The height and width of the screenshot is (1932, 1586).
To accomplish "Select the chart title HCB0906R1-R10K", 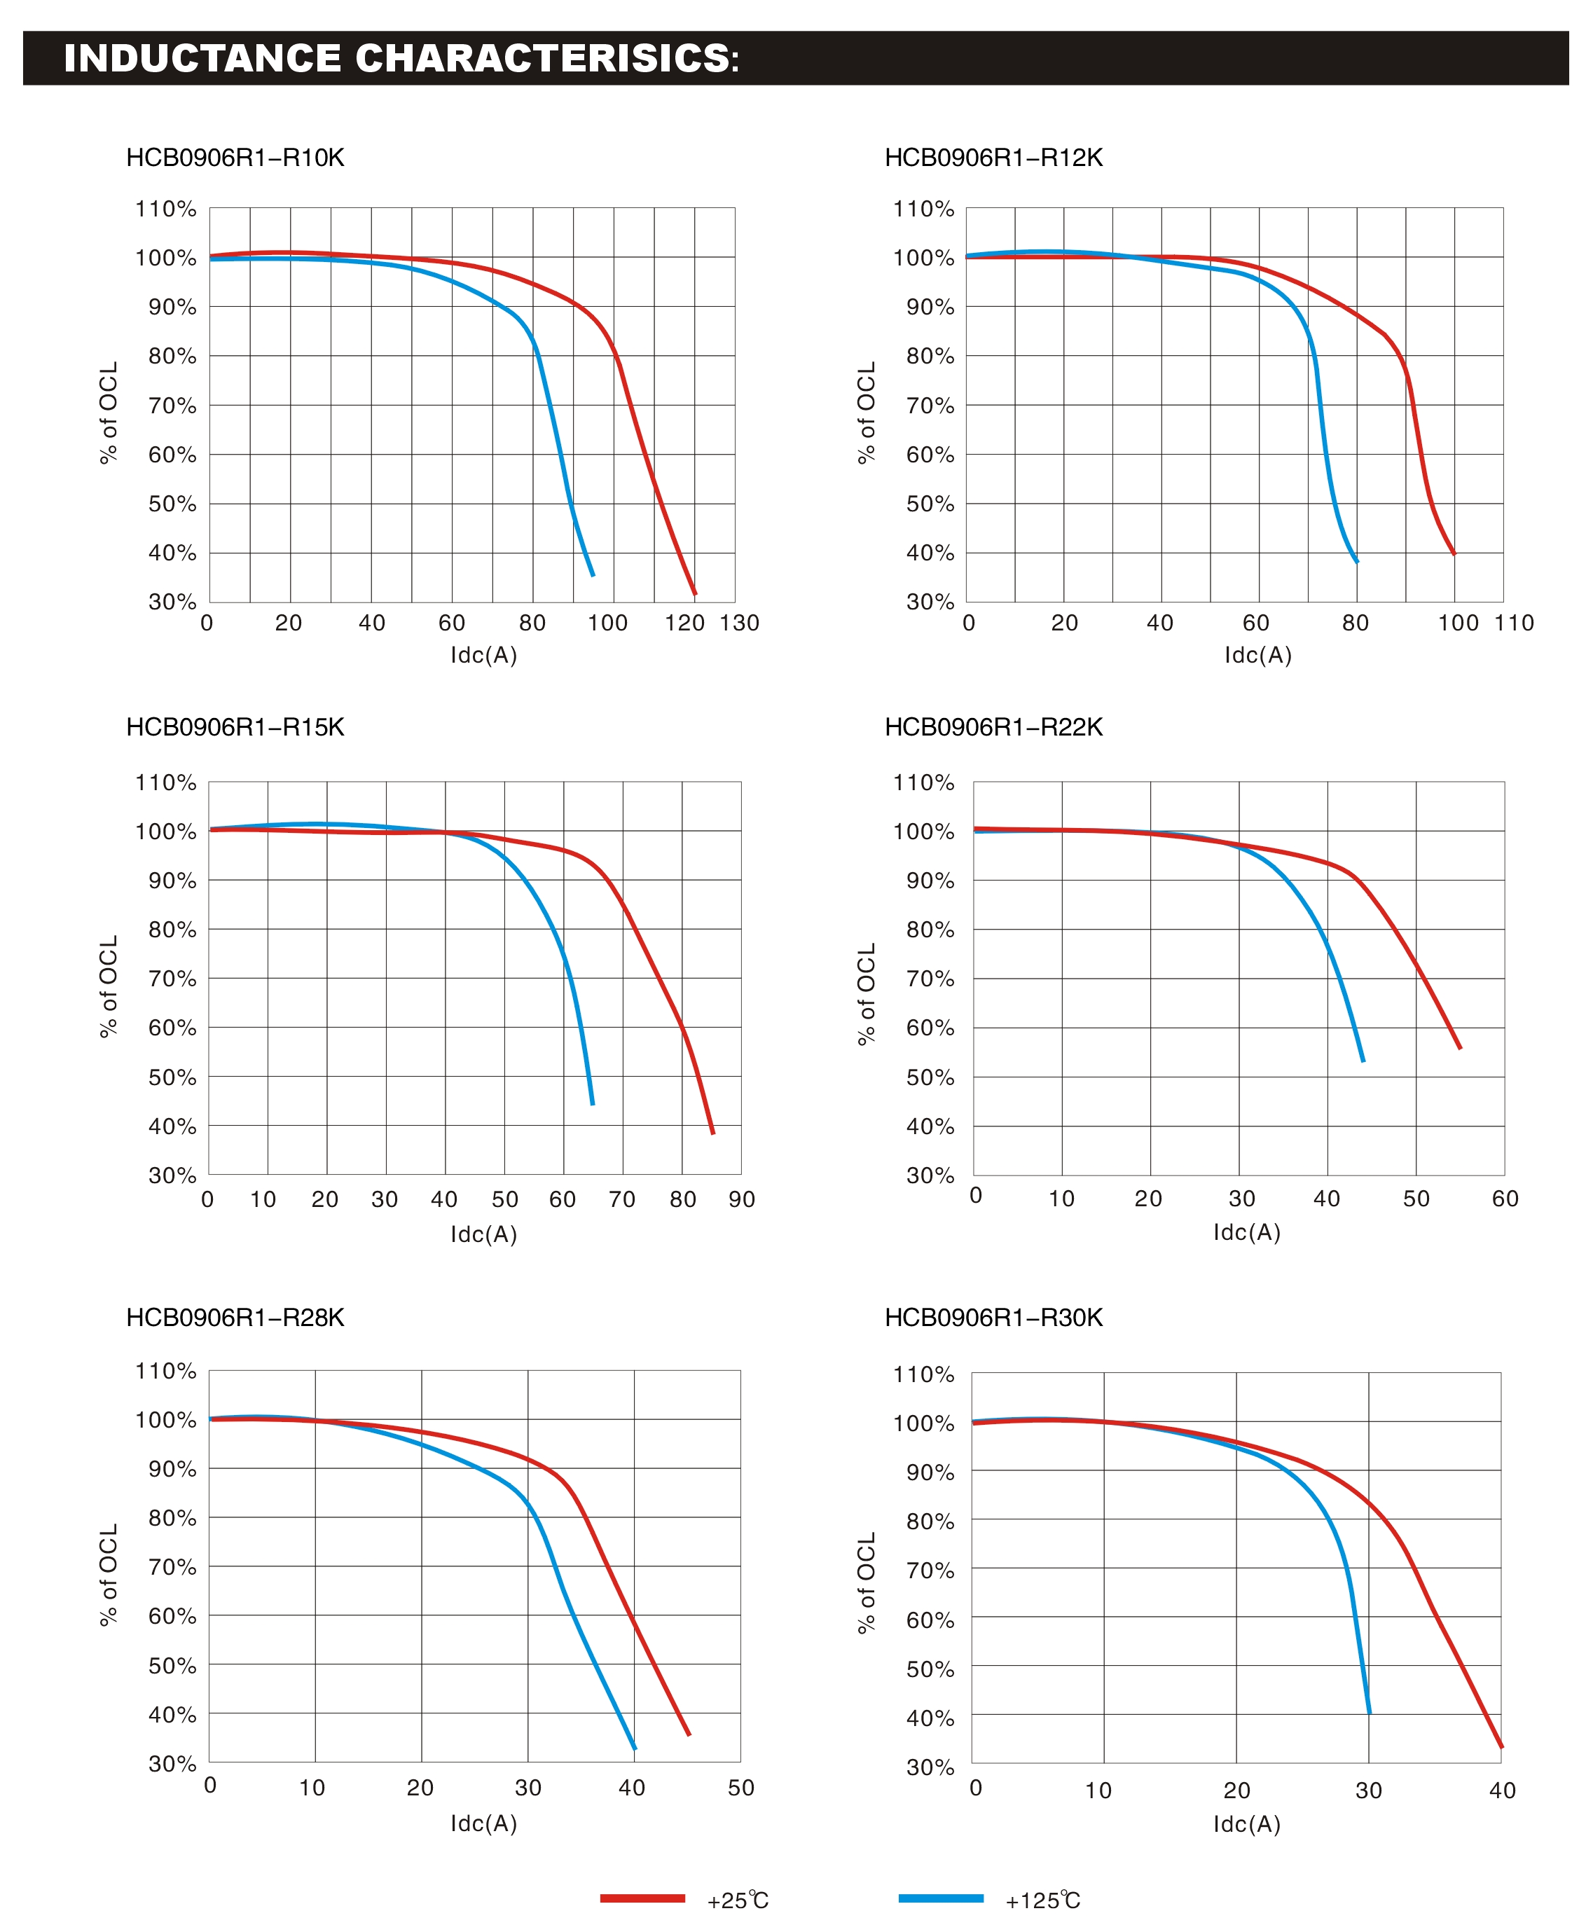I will click(x=235, y=158).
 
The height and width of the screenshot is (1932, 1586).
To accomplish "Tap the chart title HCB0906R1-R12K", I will click(x=993, y=158).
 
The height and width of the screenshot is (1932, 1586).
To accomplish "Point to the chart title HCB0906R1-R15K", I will click(x=235, y=727).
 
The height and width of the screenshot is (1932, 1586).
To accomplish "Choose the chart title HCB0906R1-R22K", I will click(x=993, y=727).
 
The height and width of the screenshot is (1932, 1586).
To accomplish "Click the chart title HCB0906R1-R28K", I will click(x=235, y=1317).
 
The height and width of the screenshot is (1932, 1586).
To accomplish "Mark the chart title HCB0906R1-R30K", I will click(x=993, y=1317).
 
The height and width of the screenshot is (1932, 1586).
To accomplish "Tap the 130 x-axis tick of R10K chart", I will click(x=739, y=623).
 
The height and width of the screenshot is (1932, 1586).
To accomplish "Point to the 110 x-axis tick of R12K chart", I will click(x=1514, y=623).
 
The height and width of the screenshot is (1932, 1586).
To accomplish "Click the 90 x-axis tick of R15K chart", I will click(x=742, y=1199).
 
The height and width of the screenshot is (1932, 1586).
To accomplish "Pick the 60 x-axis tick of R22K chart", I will click(x=1505, y=1199).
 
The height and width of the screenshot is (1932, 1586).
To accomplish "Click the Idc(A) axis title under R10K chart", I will click(x=483, y=655).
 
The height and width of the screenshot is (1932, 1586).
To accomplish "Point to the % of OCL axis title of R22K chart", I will click(x=866, y=994).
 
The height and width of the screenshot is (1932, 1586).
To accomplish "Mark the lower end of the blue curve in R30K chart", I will click(x=1370, y=1713).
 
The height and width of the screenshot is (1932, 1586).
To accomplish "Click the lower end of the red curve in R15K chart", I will click(x=712, y=1133).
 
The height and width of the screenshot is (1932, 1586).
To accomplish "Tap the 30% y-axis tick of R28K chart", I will click(x=172, y=1763).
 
